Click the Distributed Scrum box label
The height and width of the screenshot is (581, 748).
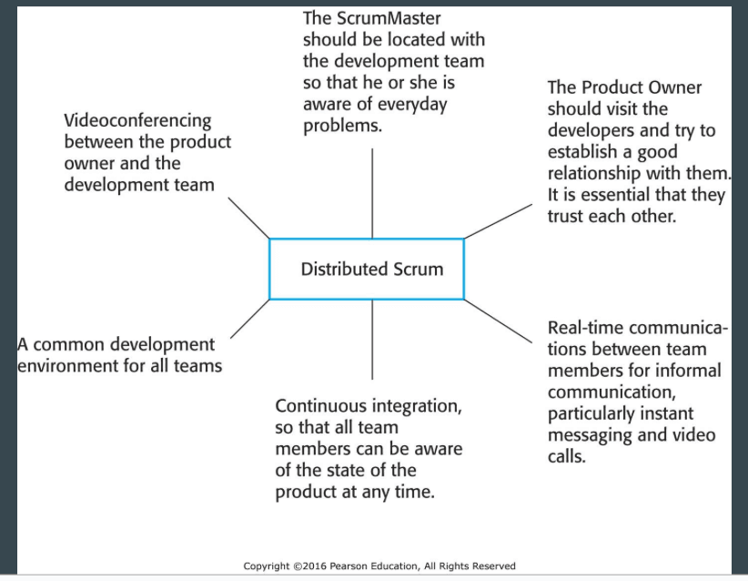pos(372,270)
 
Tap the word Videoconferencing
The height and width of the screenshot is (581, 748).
pos(137,121)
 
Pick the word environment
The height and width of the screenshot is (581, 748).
pos(67,366)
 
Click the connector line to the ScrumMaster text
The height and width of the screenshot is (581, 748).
pos(372,193)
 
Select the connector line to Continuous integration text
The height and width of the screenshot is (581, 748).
pos(372,340)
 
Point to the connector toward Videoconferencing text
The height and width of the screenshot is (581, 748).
pos(248,218)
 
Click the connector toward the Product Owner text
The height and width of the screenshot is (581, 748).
pos(498,221)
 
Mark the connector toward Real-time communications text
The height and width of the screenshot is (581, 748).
pos(498,321)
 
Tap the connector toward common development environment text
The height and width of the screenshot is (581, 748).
pos(250,319)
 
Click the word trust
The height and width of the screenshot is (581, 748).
pos(565,216)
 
